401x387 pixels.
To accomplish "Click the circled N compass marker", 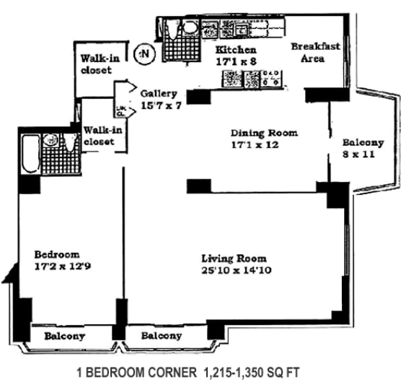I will click(146, 53).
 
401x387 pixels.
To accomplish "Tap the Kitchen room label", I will click(236, 51).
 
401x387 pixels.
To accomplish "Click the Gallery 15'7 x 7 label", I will click(162, 100).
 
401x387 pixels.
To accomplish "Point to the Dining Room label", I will click(264, 133).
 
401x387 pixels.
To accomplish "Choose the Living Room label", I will click(234, 258).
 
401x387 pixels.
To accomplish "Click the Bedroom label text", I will click(57, 254).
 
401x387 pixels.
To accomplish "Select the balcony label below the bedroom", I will click(64, 336).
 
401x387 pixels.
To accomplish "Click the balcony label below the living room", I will click(161, 336).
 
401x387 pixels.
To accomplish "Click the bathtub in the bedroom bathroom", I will click(30, 153).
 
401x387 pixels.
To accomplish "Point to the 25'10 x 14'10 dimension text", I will click(235, 271).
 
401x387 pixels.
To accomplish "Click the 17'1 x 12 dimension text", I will click(265, 144).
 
